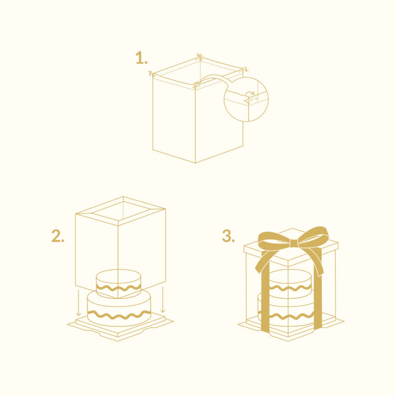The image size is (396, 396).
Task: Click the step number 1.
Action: tap(141, 58)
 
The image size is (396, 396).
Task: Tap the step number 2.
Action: tap(58, 236)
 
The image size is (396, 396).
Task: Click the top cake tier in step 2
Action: tap(119, 280)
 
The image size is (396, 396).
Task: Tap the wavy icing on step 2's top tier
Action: tap(119, 288)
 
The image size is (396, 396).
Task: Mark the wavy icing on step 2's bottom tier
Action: tap(119, 314)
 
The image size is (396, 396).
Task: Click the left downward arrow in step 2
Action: tap(79, 305)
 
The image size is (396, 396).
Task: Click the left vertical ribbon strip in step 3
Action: tap(265, 297)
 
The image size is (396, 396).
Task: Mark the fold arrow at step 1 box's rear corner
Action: tap(200, 56)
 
